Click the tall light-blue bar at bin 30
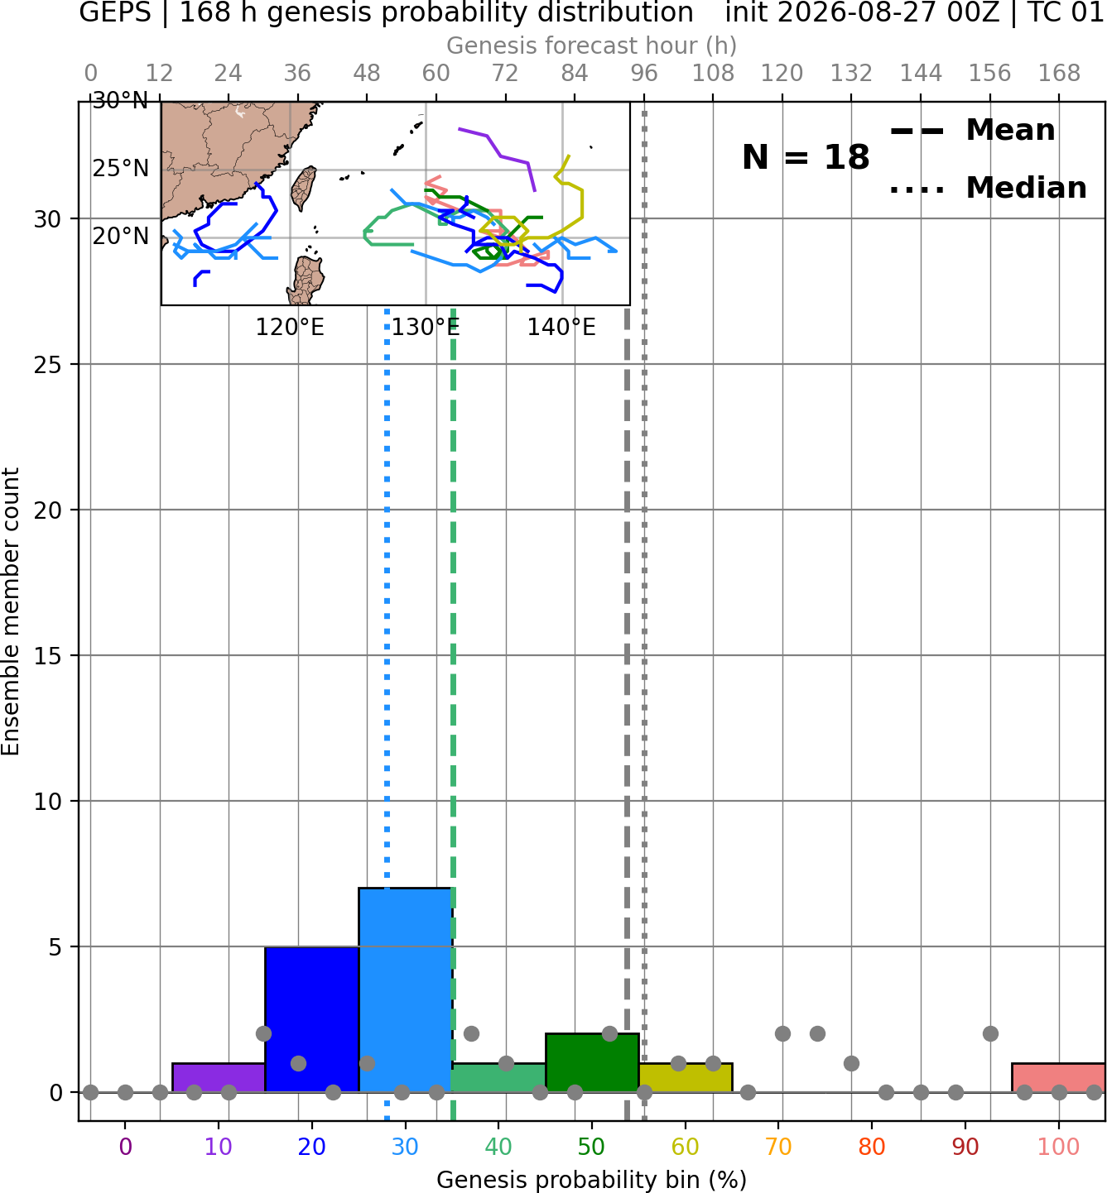pos(405,989)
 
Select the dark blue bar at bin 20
pos(312,1018)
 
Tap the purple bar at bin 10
pos(219,1077)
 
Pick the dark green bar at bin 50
pos(592,1062)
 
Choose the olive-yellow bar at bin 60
pos(686,1077)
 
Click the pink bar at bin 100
pos(1059,1077)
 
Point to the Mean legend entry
pos(972,131)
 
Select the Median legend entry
pos(988,188)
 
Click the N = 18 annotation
pos(806,157)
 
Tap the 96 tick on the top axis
pos(644,74)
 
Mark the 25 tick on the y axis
pos(48,364)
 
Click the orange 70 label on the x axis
pos(778,1147)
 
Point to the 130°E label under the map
pos(426,328)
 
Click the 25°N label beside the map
pos(120,169)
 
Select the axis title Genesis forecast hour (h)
pos(592,46)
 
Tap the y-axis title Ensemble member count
pos(11,611)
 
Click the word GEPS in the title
pos(115,12)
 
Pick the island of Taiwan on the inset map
pos(304,188)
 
